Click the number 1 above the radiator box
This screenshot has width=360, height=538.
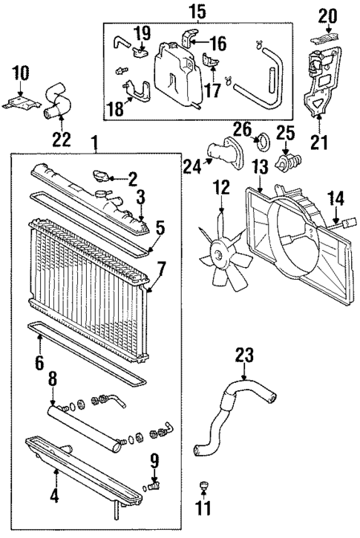pos(94,141)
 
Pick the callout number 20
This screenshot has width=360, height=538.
pos(327,14)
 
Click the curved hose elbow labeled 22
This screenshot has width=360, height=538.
pos(57,97)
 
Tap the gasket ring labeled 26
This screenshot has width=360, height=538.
pos(260,139)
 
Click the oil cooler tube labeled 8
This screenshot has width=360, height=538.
pos(82,423)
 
